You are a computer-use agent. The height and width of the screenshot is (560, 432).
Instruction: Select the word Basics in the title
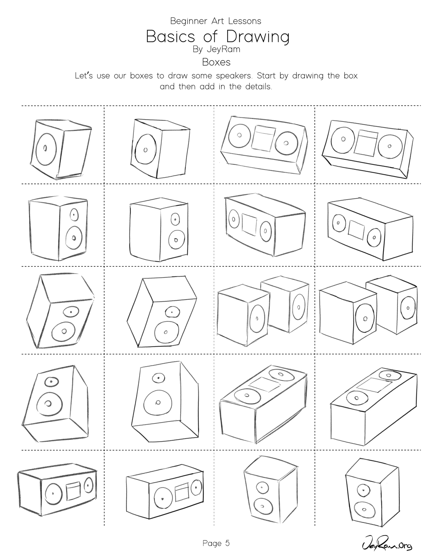pyautogui.click(x=171, y=37)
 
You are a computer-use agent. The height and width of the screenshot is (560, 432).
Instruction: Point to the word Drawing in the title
pyautogui.click(x=258, y=37)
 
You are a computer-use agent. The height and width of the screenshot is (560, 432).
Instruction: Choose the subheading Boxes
pyautogui.click(x=216, y=62)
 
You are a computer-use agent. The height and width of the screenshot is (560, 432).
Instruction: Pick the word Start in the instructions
pyautogui.click(x=266, y=76)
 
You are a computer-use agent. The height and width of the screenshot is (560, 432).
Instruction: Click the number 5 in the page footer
pyautogui.click(x=227, y=543)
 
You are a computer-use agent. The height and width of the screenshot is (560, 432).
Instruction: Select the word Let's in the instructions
pyautogui.click(x=84, y=76)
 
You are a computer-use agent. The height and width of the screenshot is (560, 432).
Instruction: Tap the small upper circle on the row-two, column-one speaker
pyautogui.click(x=74, y=214)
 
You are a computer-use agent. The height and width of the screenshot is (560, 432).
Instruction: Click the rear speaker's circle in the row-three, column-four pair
pyautogui.click(x=408, y=308)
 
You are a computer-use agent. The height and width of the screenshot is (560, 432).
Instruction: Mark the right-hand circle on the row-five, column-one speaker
pyautogui.click(x=89, y=486)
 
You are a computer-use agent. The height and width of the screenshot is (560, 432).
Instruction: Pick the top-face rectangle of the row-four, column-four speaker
pyautogui.click(x=375, y=385)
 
